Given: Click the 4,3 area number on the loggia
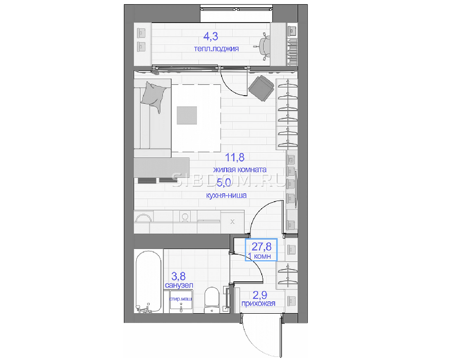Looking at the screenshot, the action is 211,37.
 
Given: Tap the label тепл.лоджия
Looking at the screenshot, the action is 216,48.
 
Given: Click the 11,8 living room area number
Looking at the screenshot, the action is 234,157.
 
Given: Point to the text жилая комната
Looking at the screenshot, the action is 240,170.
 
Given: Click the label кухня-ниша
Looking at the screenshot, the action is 226,195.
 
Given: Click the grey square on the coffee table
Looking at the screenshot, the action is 187,115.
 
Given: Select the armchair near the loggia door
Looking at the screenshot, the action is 261,88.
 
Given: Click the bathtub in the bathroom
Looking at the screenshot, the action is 149,282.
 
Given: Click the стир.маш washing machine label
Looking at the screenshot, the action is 181,299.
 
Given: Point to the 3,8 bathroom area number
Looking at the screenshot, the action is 178,276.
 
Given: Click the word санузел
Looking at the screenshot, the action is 179,285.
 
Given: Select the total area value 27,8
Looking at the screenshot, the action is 262,247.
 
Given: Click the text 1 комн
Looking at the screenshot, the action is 259,256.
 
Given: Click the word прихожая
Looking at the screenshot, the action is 258,303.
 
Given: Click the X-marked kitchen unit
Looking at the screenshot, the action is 232,222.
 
